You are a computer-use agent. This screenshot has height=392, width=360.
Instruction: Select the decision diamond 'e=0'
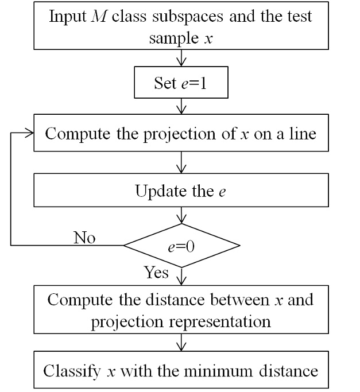181,246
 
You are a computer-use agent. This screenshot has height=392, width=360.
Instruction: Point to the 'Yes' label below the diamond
156,272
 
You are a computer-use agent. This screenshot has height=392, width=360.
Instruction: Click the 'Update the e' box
181,191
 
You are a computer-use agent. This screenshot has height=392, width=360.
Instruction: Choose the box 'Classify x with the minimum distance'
181,370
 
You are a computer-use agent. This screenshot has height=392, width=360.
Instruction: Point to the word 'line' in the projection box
303,134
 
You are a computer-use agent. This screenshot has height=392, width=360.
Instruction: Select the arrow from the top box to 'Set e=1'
181,58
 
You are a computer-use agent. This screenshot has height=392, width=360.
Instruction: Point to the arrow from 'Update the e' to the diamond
181,215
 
